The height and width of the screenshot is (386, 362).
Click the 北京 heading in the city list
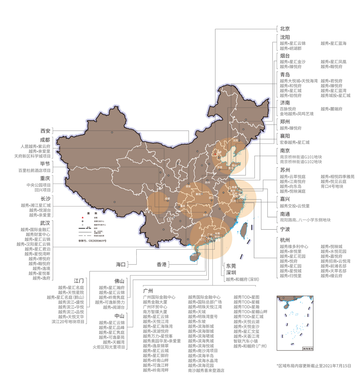tap(285, 29)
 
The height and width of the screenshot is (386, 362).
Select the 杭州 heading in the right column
tap(285, 240)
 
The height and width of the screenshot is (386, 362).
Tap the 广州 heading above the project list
tap(148, 291)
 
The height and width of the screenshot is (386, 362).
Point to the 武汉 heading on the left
tap(45, 223)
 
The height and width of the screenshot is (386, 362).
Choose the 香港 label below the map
tap(161, 264)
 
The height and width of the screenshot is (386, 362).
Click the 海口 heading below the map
tap(121, 264)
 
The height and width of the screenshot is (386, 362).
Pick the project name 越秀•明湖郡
tap(291, 48)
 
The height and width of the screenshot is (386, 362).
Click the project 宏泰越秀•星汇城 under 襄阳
tap(295, 142)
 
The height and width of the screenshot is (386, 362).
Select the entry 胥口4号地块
tap(332, 186)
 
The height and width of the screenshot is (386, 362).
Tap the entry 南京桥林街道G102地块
tap(301, 162)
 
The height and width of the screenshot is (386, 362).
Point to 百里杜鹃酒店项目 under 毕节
tap(34, 170)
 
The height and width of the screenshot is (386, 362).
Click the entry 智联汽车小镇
tap(245, 341)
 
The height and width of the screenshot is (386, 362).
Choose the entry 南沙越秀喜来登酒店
tap(206, 370)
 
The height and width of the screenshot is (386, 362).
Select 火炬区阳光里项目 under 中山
tap(109, 347)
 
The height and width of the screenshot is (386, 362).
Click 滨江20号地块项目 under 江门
tap(68, 322)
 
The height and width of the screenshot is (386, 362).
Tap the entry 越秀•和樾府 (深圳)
tap(242, 279)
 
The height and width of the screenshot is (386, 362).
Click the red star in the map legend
tap(83, 217)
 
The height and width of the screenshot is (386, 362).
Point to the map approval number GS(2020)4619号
tap(92, 241)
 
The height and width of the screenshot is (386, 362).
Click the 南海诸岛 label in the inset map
tap(308, 348)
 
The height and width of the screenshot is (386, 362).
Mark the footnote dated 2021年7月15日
tap(314, 366)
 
